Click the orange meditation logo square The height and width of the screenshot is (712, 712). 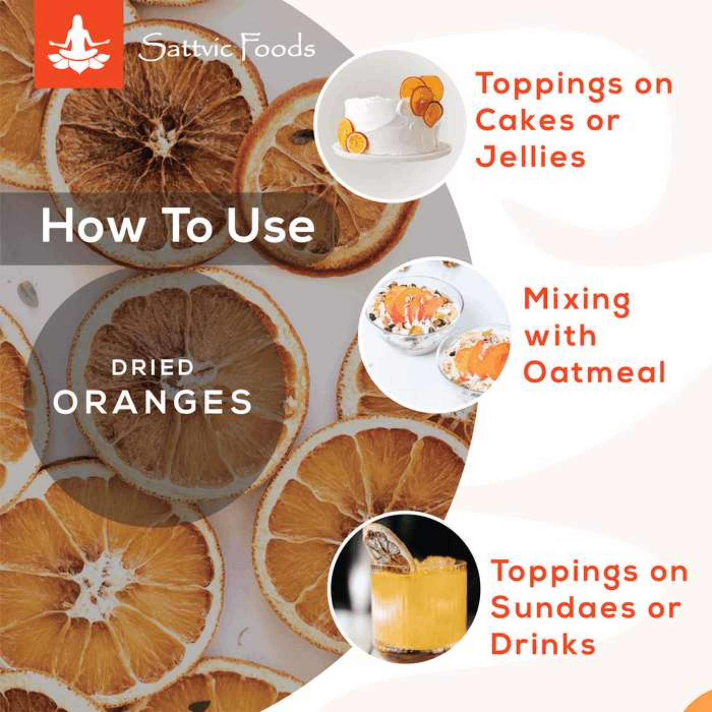79,44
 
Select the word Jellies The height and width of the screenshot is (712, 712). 531,156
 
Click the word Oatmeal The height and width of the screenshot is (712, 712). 594,372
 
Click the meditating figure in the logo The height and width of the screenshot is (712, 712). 79,44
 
